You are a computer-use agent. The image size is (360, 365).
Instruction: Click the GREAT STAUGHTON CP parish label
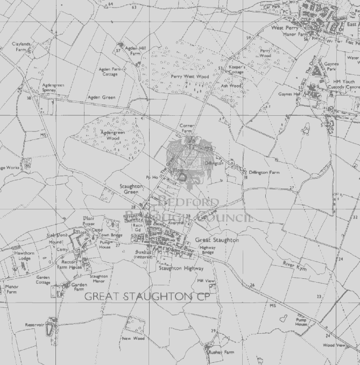tap(145, 296)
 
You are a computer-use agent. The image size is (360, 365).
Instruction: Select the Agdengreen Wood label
tap(112, 135)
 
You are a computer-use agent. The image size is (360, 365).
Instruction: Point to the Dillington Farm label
tap(264, 172)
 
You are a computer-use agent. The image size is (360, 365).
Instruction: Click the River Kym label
tap(294, 265)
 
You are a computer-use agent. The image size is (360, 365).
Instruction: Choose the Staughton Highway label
tap(181, 268)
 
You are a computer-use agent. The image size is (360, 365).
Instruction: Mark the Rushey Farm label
tap(222, 352)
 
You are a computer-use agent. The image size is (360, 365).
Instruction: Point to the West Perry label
tap(285, 27)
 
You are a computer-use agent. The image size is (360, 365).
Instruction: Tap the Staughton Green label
tap(131, 188)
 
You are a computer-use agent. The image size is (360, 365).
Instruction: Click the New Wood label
tap(132, 339)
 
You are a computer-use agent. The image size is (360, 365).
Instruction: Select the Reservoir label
tap(33, 325)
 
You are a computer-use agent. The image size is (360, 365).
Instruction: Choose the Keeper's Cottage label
tap(237, 69)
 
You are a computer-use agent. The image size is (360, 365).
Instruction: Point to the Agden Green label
tap(102, 97)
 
